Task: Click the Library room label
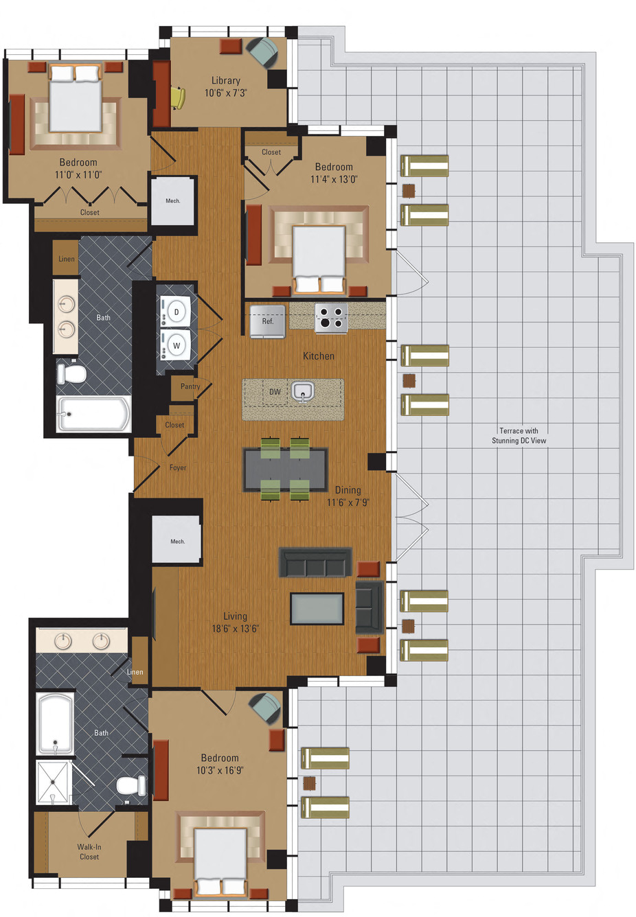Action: coord(225,80)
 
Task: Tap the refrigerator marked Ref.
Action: coord(267,321)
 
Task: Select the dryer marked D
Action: coord(177,312)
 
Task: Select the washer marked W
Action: coord(177,345)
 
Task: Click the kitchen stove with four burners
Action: coord(331,318)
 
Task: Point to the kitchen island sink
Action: coord(302,392)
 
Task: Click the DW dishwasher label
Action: coord(275,392)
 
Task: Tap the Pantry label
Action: coord(190,386)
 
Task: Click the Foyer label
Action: coord(178,467)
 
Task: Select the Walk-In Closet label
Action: coord(89,852)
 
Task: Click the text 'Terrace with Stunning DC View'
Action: coord(519,436)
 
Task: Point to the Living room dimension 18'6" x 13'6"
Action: coord(235,629)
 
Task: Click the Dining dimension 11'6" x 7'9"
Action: coord(348,502)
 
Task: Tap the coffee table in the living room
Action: coord(317,609)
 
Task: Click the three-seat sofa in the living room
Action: coord(315,562)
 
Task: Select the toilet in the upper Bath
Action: coord(71,373)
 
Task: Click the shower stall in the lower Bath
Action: coord(54,782)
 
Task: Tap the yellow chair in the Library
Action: coord(178,97)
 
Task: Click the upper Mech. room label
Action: coord(173,201)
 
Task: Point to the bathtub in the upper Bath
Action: coord(93,414)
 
